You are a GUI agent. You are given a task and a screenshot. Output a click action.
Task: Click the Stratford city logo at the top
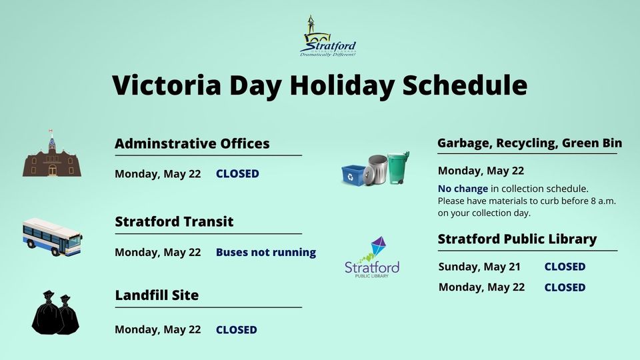pyautogui.click(x=328, y=36)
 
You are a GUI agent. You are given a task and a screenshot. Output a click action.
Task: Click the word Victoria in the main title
pyautogui.click(x=167, y=85)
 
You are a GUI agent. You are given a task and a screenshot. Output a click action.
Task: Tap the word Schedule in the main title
pyautogui.click(x=465, y=85)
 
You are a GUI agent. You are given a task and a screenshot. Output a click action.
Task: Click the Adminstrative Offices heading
pyautogui.click(x=192, y=143)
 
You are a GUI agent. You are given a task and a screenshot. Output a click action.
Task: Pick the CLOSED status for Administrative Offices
pyautogui.click(x=237, y=173)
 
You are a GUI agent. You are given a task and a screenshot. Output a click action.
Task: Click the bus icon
pyautogui.click(x=52, y=237)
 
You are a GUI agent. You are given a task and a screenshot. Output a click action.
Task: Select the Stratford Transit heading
pyautogui.click(x=174, y=221)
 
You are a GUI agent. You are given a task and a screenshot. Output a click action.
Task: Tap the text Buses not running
pyautogui.click(x=266, y=252)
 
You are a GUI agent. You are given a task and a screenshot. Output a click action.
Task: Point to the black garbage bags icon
pyautogui.click(x=55, y=312)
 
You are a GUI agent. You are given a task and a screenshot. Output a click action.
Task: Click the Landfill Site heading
pyautogui.click(x=157, y=295)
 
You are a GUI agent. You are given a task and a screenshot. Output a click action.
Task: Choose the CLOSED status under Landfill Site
pyautogui.click(x=236, y=329)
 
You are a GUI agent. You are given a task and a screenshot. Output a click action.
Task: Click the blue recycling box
pyautogui.click(x=353, y=175)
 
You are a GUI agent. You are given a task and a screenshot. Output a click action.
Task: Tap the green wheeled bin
pyautogui.click(x=398, y=168)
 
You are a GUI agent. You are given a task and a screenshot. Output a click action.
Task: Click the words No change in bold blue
pyautogui.click(x=463, y=189)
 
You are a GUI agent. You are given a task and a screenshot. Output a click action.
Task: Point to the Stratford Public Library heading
pyautogui.click(x=517, y=239)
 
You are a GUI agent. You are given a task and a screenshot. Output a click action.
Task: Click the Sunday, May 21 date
pyautogui.click(x=479, y=267)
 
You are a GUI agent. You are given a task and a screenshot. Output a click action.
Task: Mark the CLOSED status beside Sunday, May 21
pyautogui.click(x=565, y=267)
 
